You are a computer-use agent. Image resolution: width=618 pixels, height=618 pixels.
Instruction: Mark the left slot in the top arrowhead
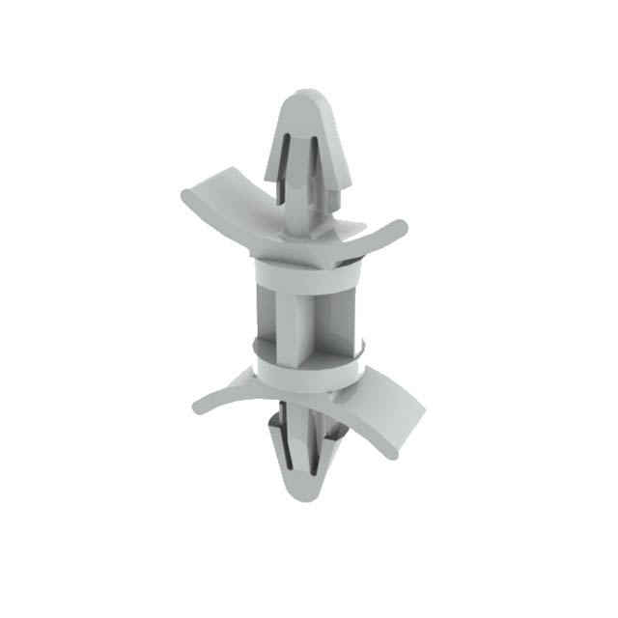coord(285,164)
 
